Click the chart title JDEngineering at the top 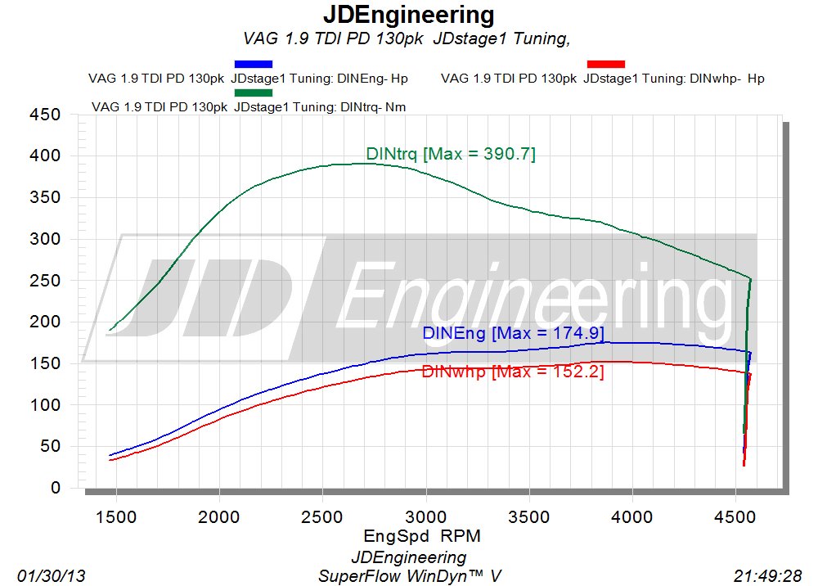tap(408, 15)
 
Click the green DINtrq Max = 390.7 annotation tap(450, 153)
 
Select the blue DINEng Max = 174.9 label tap(513, 333)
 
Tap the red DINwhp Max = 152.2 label tap(513, 372)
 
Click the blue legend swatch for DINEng tap(253, 64)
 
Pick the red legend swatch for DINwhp tap(606, 64)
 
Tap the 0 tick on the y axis tap(55, 488)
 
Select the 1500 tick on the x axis tap(116, 518)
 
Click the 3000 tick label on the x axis tap(425, 518)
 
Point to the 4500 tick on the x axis tap(735, 518)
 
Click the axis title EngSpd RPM tap(421, 537)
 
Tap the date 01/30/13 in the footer tap(51, 576)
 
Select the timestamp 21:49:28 tap(768, 576)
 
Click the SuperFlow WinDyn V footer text tap(409, 576)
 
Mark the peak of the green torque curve tap(364, 163)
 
